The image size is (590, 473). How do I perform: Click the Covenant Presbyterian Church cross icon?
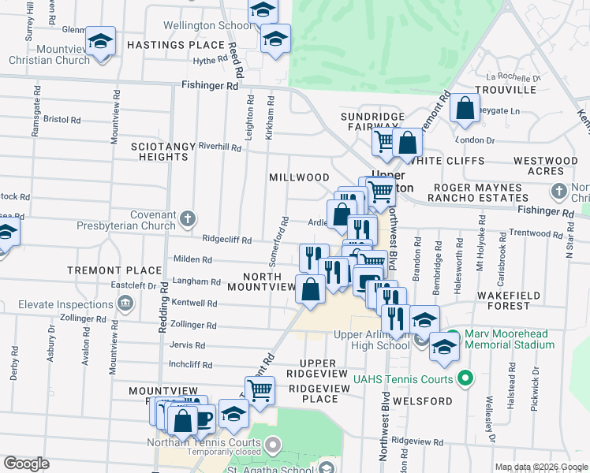pos(188,218)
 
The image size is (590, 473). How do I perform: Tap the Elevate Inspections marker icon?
pos(125,303)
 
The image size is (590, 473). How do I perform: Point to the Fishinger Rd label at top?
pos(210,85)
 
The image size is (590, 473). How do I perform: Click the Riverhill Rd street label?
pos(220,147)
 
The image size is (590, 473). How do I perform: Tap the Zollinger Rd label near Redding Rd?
pos(193,325)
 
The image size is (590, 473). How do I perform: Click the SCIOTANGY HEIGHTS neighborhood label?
pos(160,151)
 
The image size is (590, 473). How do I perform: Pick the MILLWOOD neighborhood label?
pos(299,178)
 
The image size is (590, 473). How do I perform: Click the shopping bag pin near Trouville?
pos(465,110)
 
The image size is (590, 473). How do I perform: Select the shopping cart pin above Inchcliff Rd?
pos(260,389)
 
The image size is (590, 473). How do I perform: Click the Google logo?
pos(26,464)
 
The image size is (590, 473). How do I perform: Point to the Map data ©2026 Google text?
pos(540,467)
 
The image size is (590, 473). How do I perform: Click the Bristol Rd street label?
pos(62,120)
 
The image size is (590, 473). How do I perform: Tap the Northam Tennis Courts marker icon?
pos(273,445)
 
